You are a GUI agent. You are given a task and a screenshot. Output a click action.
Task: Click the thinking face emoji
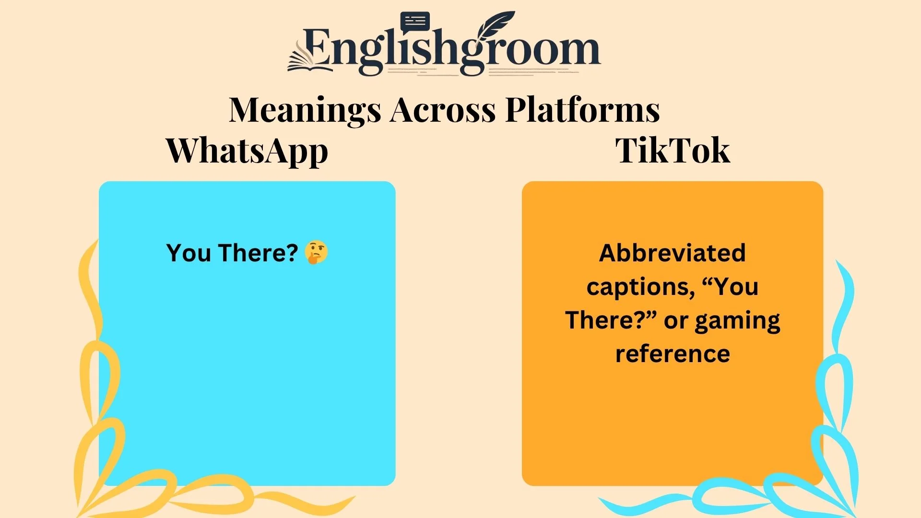click(x=316, y=253)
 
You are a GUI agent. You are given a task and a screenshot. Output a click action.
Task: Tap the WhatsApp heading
click(x=247, y=151)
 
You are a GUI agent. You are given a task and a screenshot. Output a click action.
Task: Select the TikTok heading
click(x=673, y=151)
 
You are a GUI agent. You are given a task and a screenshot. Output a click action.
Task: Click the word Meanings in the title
click(x=305, y=110)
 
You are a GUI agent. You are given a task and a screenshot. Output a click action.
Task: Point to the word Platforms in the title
click(x=582, y=110)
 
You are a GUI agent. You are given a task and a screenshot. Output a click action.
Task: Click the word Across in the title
click(x=443, y=110)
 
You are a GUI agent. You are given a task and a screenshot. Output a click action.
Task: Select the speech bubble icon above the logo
click(x=415, y=22)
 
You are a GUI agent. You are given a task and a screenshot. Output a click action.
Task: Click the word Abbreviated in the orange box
click(x=673, y=253)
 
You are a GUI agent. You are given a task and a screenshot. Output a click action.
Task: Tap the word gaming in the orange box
click(x=737, y=320)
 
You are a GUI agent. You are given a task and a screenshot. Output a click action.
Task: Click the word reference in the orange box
click(x=673, y=354)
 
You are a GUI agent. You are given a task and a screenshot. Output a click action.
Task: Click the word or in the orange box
click(x=676, y=320)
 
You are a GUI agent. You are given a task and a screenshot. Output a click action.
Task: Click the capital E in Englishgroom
click(x=317, y=48)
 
